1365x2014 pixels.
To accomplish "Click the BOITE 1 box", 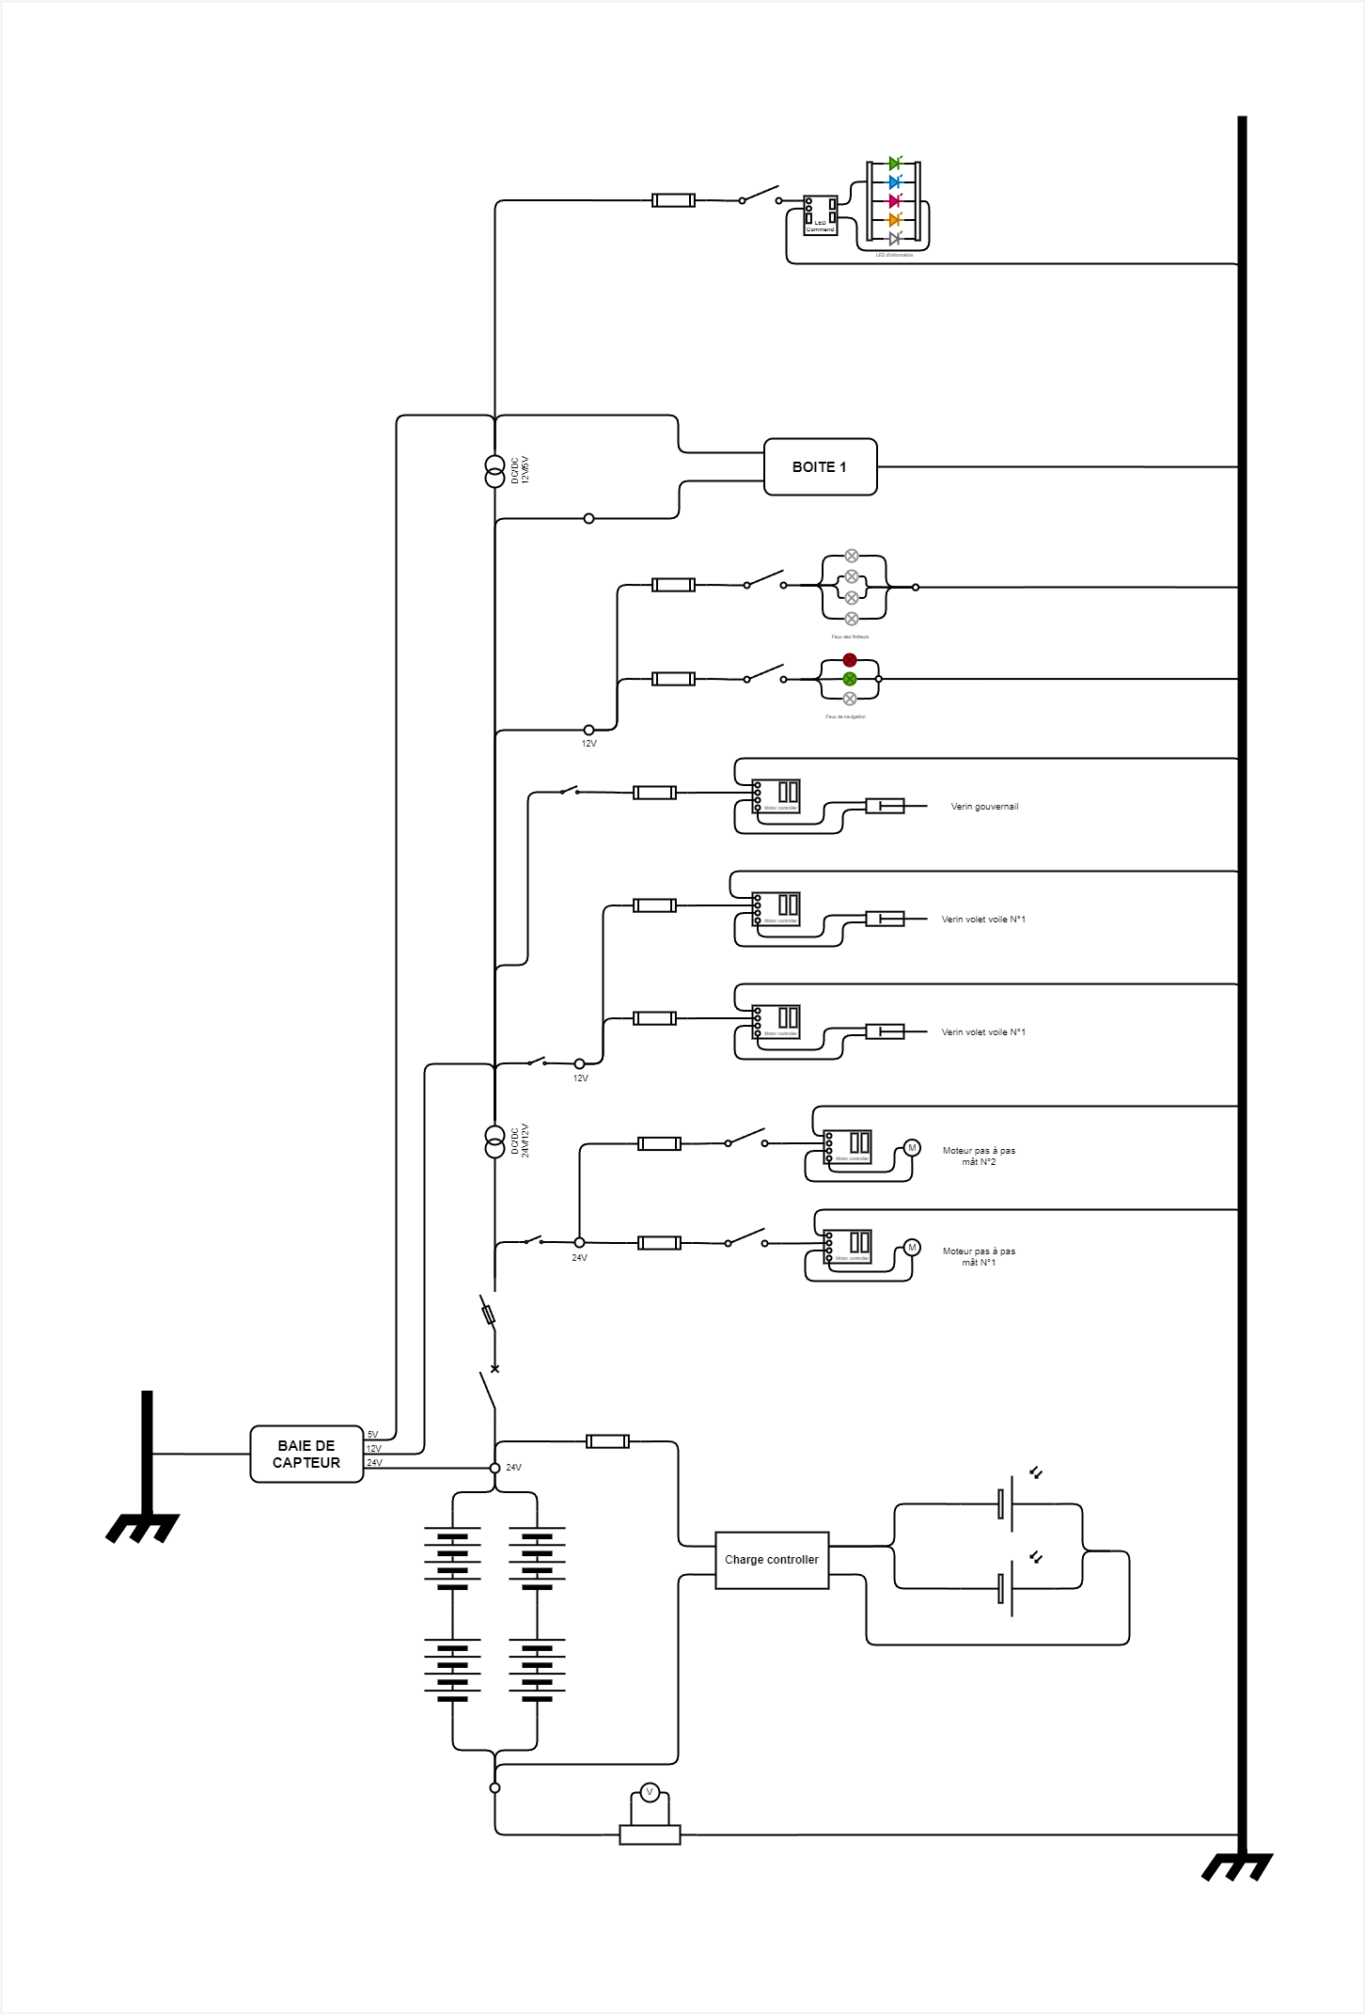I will point(820,466).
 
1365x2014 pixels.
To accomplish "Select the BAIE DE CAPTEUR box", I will point(306,1454).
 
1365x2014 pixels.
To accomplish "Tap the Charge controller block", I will point(772,1560).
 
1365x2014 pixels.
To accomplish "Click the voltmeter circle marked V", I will point(649,1792).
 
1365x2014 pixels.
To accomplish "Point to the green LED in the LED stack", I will point(894,164).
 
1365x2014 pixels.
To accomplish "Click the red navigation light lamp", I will point(850,660).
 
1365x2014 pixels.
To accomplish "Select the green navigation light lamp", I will point(850,679).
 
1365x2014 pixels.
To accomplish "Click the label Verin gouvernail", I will point(984,807).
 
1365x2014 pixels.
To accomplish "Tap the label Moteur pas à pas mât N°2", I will point(979,1156).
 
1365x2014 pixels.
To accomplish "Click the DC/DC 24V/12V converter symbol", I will point(494,1141).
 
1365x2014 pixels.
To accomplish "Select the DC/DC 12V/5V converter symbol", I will point(494,471).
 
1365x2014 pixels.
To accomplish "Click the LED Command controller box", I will point(820,215).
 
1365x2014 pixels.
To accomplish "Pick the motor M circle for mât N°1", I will point(911,1248).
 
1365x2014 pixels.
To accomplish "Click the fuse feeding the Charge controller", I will point(607,1441).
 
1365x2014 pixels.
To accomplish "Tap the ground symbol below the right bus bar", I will point(1237,1867).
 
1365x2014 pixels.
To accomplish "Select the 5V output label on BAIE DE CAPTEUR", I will point(372,1435).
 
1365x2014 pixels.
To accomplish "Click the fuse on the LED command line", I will point(673,200).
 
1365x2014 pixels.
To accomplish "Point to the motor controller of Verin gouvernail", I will point(777,795).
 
